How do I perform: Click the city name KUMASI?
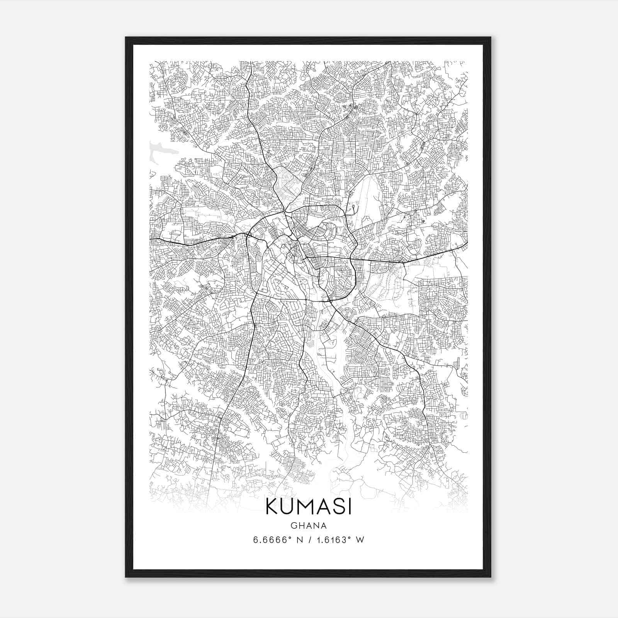pos(309,507)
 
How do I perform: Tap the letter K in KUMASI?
pos(272,507)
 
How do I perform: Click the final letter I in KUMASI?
pos(350,507)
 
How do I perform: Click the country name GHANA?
pos(309,526)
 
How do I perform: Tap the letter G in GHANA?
pos(294,526)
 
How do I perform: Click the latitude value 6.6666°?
pos(270,540)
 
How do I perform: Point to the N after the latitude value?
pos(299,540)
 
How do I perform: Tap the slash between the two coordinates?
pos(308,540)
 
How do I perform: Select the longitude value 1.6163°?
pos(333,540)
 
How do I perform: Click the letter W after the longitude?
pos(360,540)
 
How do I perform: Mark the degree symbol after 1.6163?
pos(350,538)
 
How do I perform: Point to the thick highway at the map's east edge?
pos(463,244)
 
